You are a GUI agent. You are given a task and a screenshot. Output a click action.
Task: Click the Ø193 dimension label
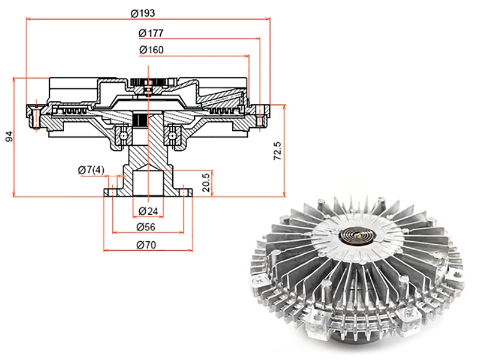pos(143,13)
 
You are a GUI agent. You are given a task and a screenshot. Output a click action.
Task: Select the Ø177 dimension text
pos(151,33)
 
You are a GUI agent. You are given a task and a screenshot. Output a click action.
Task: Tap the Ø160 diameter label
pos(151,50)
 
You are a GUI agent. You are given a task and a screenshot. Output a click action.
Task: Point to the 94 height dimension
pos(10,136)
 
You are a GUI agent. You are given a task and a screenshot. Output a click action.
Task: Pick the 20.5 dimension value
pos(206,183)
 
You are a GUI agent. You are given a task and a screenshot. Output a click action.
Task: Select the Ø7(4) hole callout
pos(91,170)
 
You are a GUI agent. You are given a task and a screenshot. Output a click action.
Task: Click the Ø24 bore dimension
pos(148,211)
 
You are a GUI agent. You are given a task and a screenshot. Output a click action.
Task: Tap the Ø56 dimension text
pos(146,227)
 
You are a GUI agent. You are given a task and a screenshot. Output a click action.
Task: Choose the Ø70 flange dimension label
pos(146,245)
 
